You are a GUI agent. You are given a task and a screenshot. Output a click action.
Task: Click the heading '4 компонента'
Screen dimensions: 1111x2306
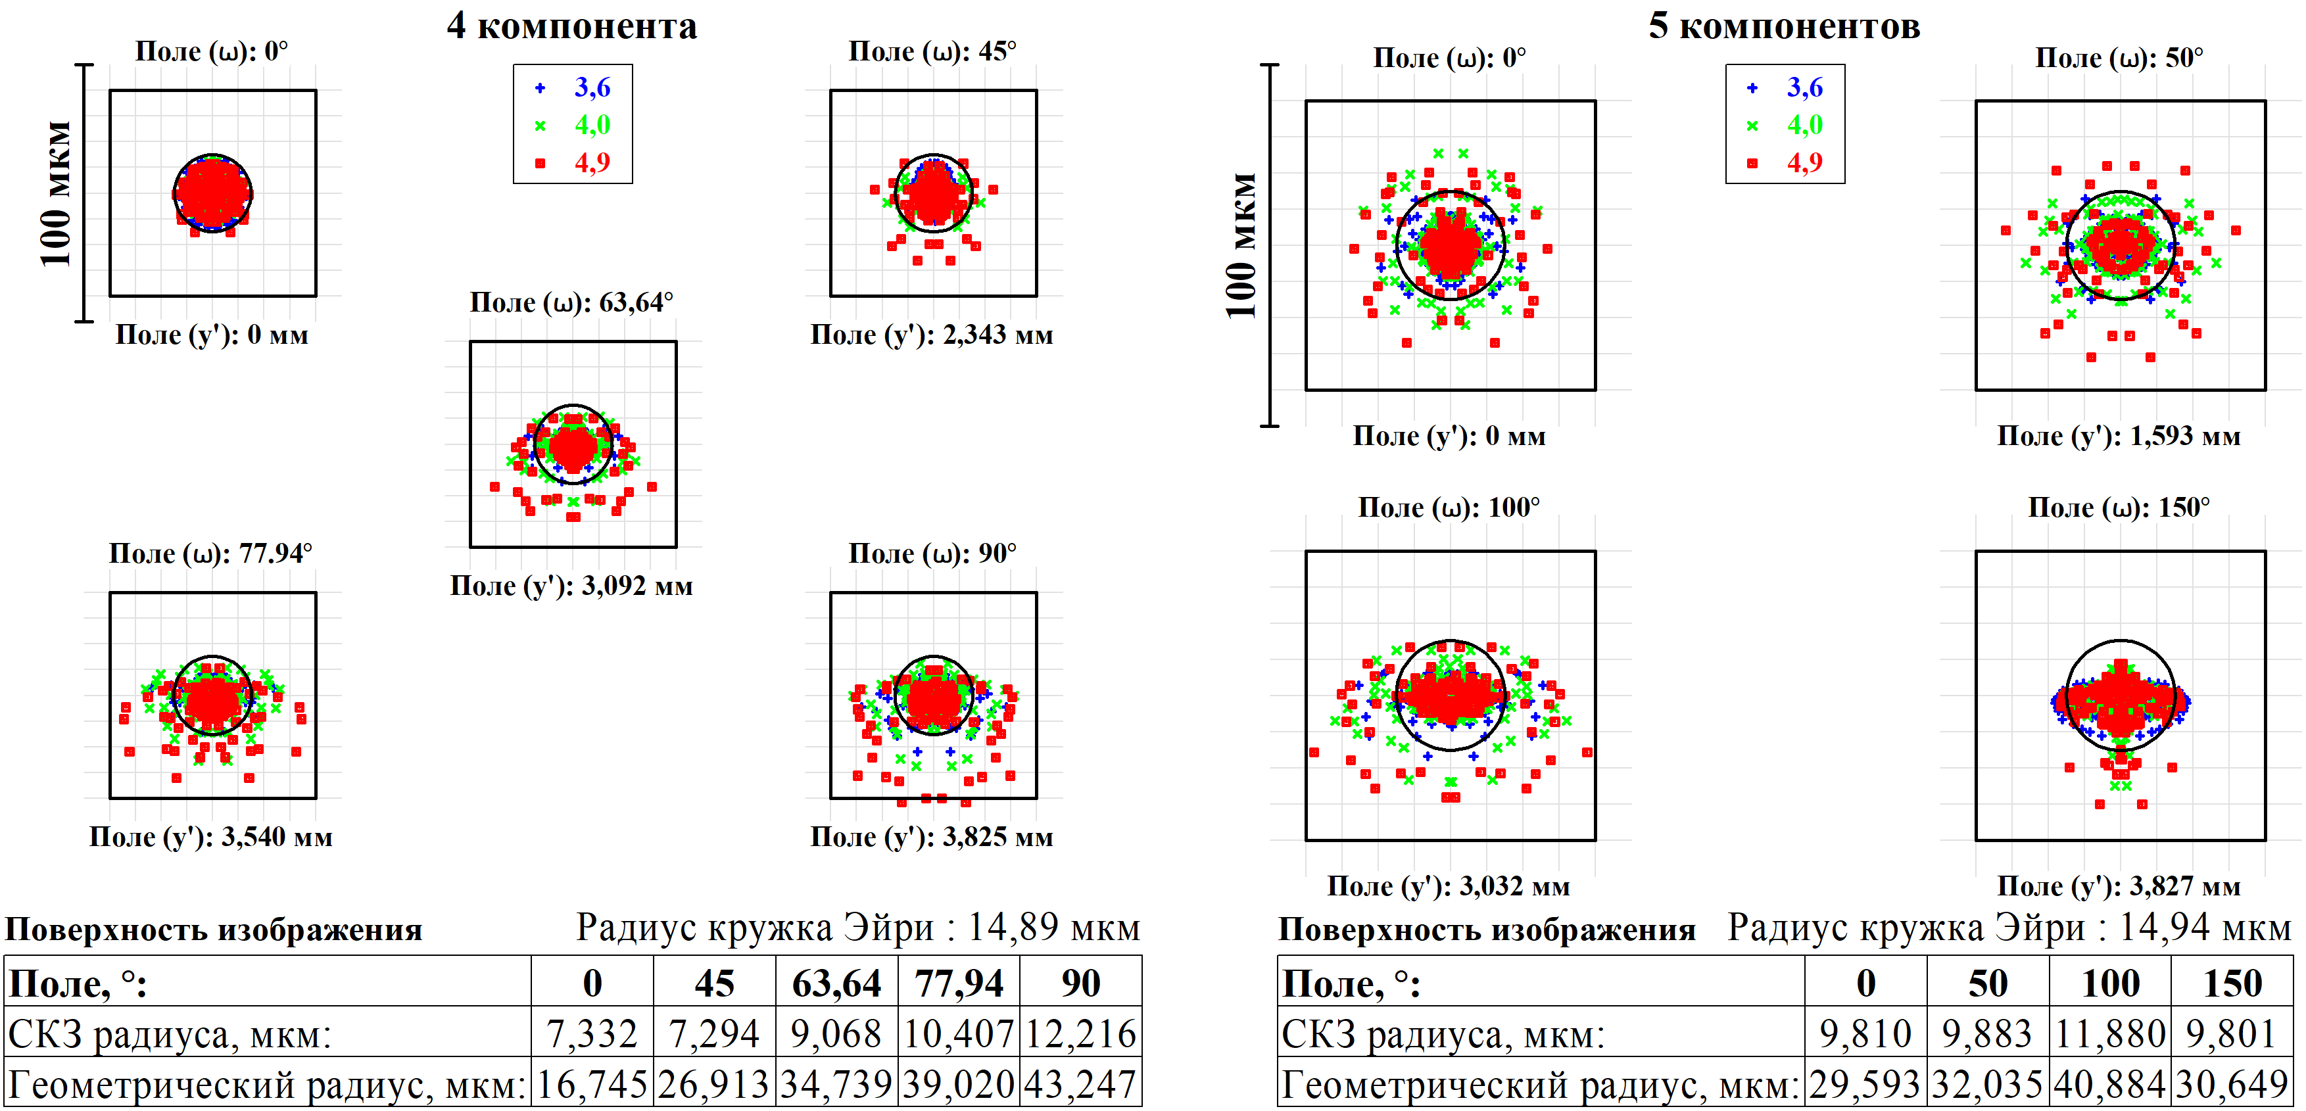(x=571, y=26)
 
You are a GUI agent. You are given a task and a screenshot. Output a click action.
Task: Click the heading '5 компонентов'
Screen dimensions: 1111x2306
(x=1784, y=26)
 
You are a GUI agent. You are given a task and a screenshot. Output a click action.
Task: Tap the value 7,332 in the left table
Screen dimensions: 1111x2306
(x=592, y=1034)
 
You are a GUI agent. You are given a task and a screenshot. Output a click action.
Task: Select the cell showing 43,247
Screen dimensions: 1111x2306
(x=1080, y=1084)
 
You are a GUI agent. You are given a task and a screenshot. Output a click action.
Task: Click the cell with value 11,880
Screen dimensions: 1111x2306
(x=2110, y=1034)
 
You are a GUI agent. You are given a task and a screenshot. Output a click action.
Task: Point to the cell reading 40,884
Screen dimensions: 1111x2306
(x=2110, y=1084)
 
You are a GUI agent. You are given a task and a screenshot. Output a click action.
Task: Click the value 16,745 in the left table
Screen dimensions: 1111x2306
(x=592, y=1084)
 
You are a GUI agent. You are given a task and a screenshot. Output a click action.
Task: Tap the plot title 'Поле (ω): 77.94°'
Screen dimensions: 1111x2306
(x=210, y=554)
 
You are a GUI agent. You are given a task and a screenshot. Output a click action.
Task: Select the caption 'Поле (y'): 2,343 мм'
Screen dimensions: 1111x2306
(x=931, y=335)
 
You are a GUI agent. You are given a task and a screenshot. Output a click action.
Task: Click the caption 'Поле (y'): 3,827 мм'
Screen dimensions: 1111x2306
(x=2118, y=886)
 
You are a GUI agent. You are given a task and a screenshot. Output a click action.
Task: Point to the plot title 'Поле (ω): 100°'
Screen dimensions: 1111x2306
(x=1449, y=508)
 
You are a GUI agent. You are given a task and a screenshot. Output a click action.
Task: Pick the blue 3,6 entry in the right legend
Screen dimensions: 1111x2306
(x=1804, y=87)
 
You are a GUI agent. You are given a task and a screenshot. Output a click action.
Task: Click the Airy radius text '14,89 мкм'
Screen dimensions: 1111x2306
(x=1053, y=928)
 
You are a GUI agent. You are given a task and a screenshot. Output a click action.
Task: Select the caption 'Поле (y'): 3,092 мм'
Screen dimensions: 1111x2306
(x=571, y=586)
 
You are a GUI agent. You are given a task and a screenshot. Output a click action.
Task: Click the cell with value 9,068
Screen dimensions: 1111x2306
(x=836, y=1034)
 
